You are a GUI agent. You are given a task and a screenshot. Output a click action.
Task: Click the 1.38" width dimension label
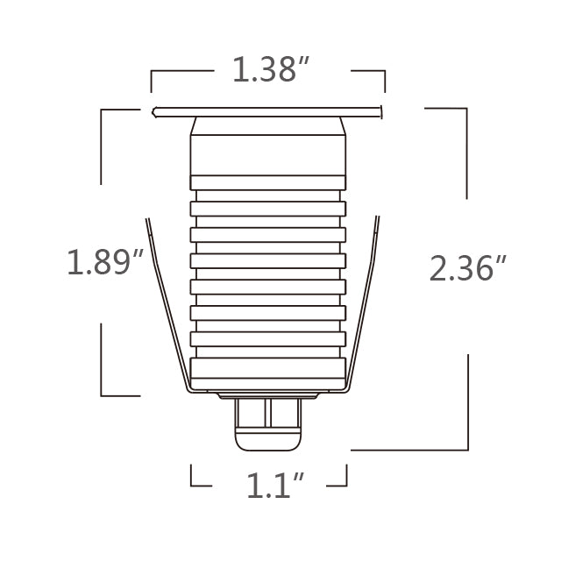tap(267, 70)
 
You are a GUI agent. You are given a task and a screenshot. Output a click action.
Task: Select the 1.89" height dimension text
tap(104, 262)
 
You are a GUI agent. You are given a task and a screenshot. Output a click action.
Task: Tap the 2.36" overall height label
tap(468, 267)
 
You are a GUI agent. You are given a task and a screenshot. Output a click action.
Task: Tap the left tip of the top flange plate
tap(153, 112)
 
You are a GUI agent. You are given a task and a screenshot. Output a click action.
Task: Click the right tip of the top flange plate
tap(382, 112)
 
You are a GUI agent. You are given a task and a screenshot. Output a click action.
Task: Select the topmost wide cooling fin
tap(268, 209)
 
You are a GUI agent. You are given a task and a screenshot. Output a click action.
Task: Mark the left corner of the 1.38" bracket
tap(152, 72)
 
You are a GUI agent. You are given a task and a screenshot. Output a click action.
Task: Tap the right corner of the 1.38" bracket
tap(385, 72)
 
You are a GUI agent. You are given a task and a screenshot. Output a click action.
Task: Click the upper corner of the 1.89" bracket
tap(102, 110)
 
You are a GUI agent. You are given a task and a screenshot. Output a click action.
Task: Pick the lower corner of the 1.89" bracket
tap(102, 396)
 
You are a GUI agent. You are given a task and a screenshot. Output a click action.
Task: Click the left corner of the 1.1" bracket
tap(192, 485)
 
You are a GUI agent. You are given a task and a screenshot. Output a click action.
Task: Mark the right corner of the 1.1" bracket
tap(347, 485)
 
